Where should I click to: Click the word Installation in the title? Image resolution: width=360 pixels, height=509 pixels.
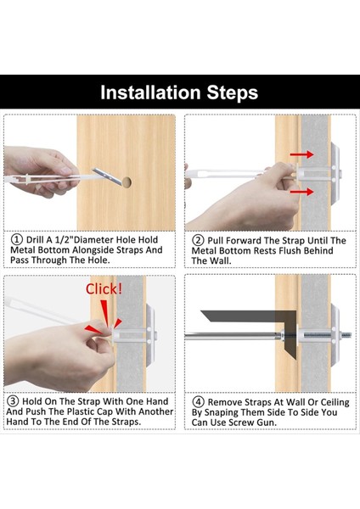click(x=151, y=92)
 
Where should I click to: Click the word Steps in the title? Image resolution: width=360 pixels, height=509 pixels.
click(x=233, y=93)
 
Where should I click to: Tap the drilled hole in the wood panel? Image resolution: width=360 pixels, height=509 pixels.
click(x=127, y=182)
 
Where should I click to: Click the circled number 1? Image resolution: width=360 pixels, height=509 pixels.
click(x=17, y=239)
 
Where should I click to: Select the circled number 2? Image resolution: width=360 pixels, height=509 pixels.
click(x=198, y=240)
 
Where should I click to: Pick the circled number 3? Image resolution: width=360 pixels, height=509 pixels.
click(x=13, y=401)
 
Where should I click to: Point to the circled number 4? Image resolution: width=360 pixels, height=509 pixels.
click(x=198, y=402)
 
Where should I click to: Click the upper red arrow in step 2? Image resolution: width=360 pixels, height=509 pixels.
click(x=302, y=154)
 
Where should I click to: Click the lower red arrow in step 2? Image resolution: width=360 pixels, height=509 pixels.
click(x=302, y=192)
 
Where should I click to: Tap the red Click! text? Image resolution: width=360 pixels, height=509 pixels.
click(x=104, y=289)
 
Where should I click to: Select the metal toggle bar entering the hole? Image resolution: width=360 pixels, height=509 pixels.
click(x=107, y=176)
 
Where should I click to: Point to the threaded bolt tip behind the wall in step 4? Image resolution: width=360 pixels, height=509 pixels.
click(x=348, y=335)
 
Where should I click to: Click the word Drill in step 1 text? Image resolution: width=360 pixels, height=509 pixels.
click(x=35, y=240)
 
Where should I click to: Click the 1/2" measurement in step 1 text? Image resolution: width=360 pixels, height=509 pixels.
click(x=64, y=240)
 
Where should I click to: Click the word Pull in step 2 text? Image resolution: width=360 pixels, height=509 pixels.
click(x=216, y=241)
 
